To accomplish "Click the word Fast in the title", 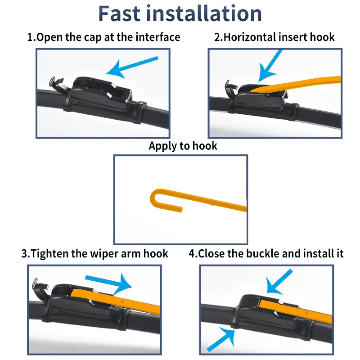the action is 119,13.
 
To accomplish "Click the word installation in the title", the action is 204,13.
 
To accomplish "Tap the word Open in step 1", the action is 49,38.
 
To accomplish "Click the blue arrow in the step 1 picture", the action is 132,67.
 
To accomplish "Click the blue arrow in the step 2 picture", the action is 269,66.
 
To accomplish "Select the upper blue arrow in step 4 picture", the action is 279,282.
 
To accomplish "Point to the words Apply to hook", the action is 183,146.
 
